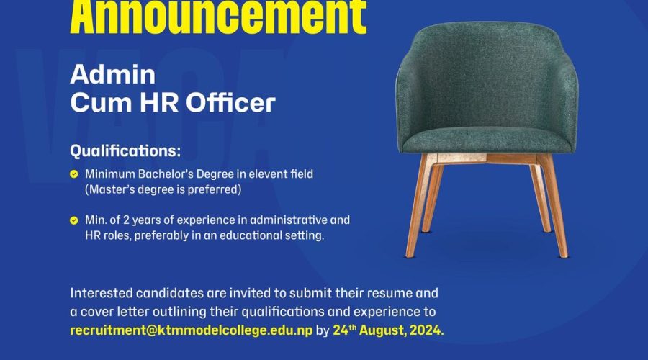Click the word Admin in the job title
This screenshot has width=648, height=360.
pyautogui.click(x=102, y=74)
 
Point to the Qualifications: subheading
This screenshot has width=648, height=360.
pyautogui.click(x=125, y=152)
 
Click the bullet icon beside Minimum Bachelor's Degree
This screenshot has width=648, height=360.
pyautogui.click(x=74, y=174)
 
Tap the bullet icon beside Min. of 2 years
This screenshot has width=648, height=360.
pyautogui.click(x=74, y=220)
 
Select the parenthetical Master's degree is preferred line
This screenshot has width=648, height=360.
pyautogui.click(x=163, y=190)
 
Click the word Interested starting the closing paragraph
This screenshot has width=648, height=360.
pyautogui.click(x=102, y=294)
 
